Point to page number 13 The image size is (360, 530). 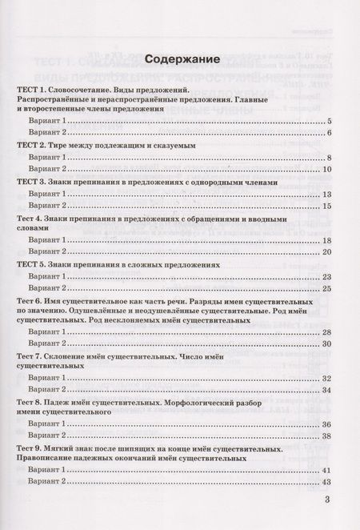tap(327, 195)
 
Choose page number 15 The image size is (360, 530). tap(327, 207)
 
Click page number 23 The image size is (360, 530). tap(327, 277)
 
